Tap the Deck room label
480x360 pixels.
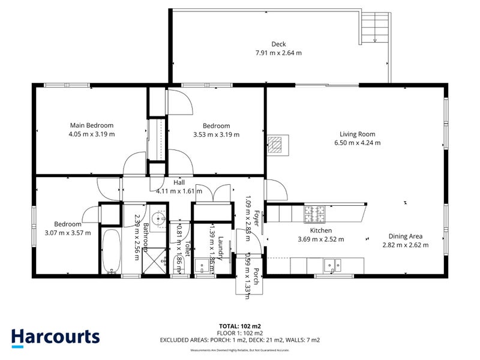click(278, 44)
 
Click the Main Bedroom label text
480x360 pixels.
click(92, 125)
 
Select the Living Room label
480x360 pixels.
click(357, 134)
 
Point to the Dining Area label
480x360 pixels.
click(406, 236)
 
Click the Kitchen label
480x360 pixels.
click(321, 230)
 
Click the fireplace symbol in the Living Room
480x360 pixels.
click(277, 145)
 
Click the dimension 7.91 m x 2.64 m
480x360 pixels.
click(278, 53)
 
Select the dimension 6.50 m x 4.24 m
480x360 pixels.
click(357, 143)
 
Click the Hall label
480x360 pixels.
click(179, 182)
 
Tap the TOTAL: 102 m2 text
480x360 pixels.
click(239, 326)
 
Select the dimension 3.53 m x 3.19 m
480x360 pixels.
click(216, 134)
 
